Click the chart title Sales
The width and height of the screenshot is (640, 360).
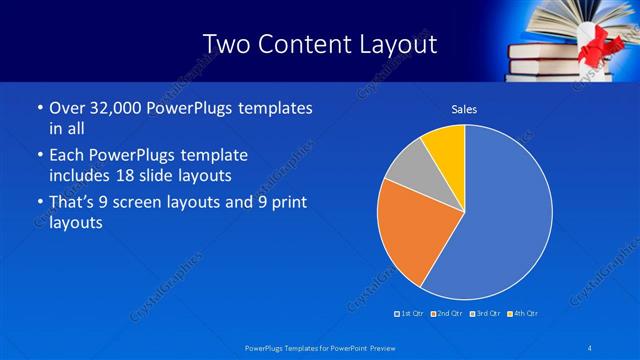[x=464, y=108]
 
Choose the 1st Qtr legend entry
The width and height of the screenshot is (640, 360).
[x=411, y=314]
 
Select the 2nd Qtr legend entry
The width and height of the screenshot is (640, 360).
[x=448, y=314]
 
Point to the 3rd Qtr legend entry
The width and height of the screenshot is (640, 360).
[x=486, y=314]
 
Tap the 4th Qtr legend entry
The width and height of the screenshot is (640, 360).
[x=523, y=314]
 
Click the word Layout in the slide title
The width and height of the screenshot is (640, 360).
[x=395, y=44]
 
